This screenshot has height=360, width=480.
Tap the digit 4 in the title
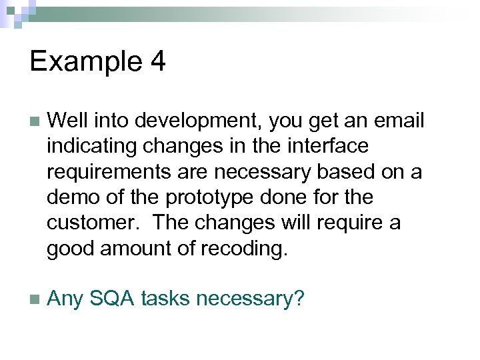click(157, 62)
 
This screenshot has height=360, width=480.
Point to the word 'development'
click(177, 121)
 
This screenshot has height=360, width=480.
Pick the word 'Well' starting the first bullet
click(67, 121)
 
